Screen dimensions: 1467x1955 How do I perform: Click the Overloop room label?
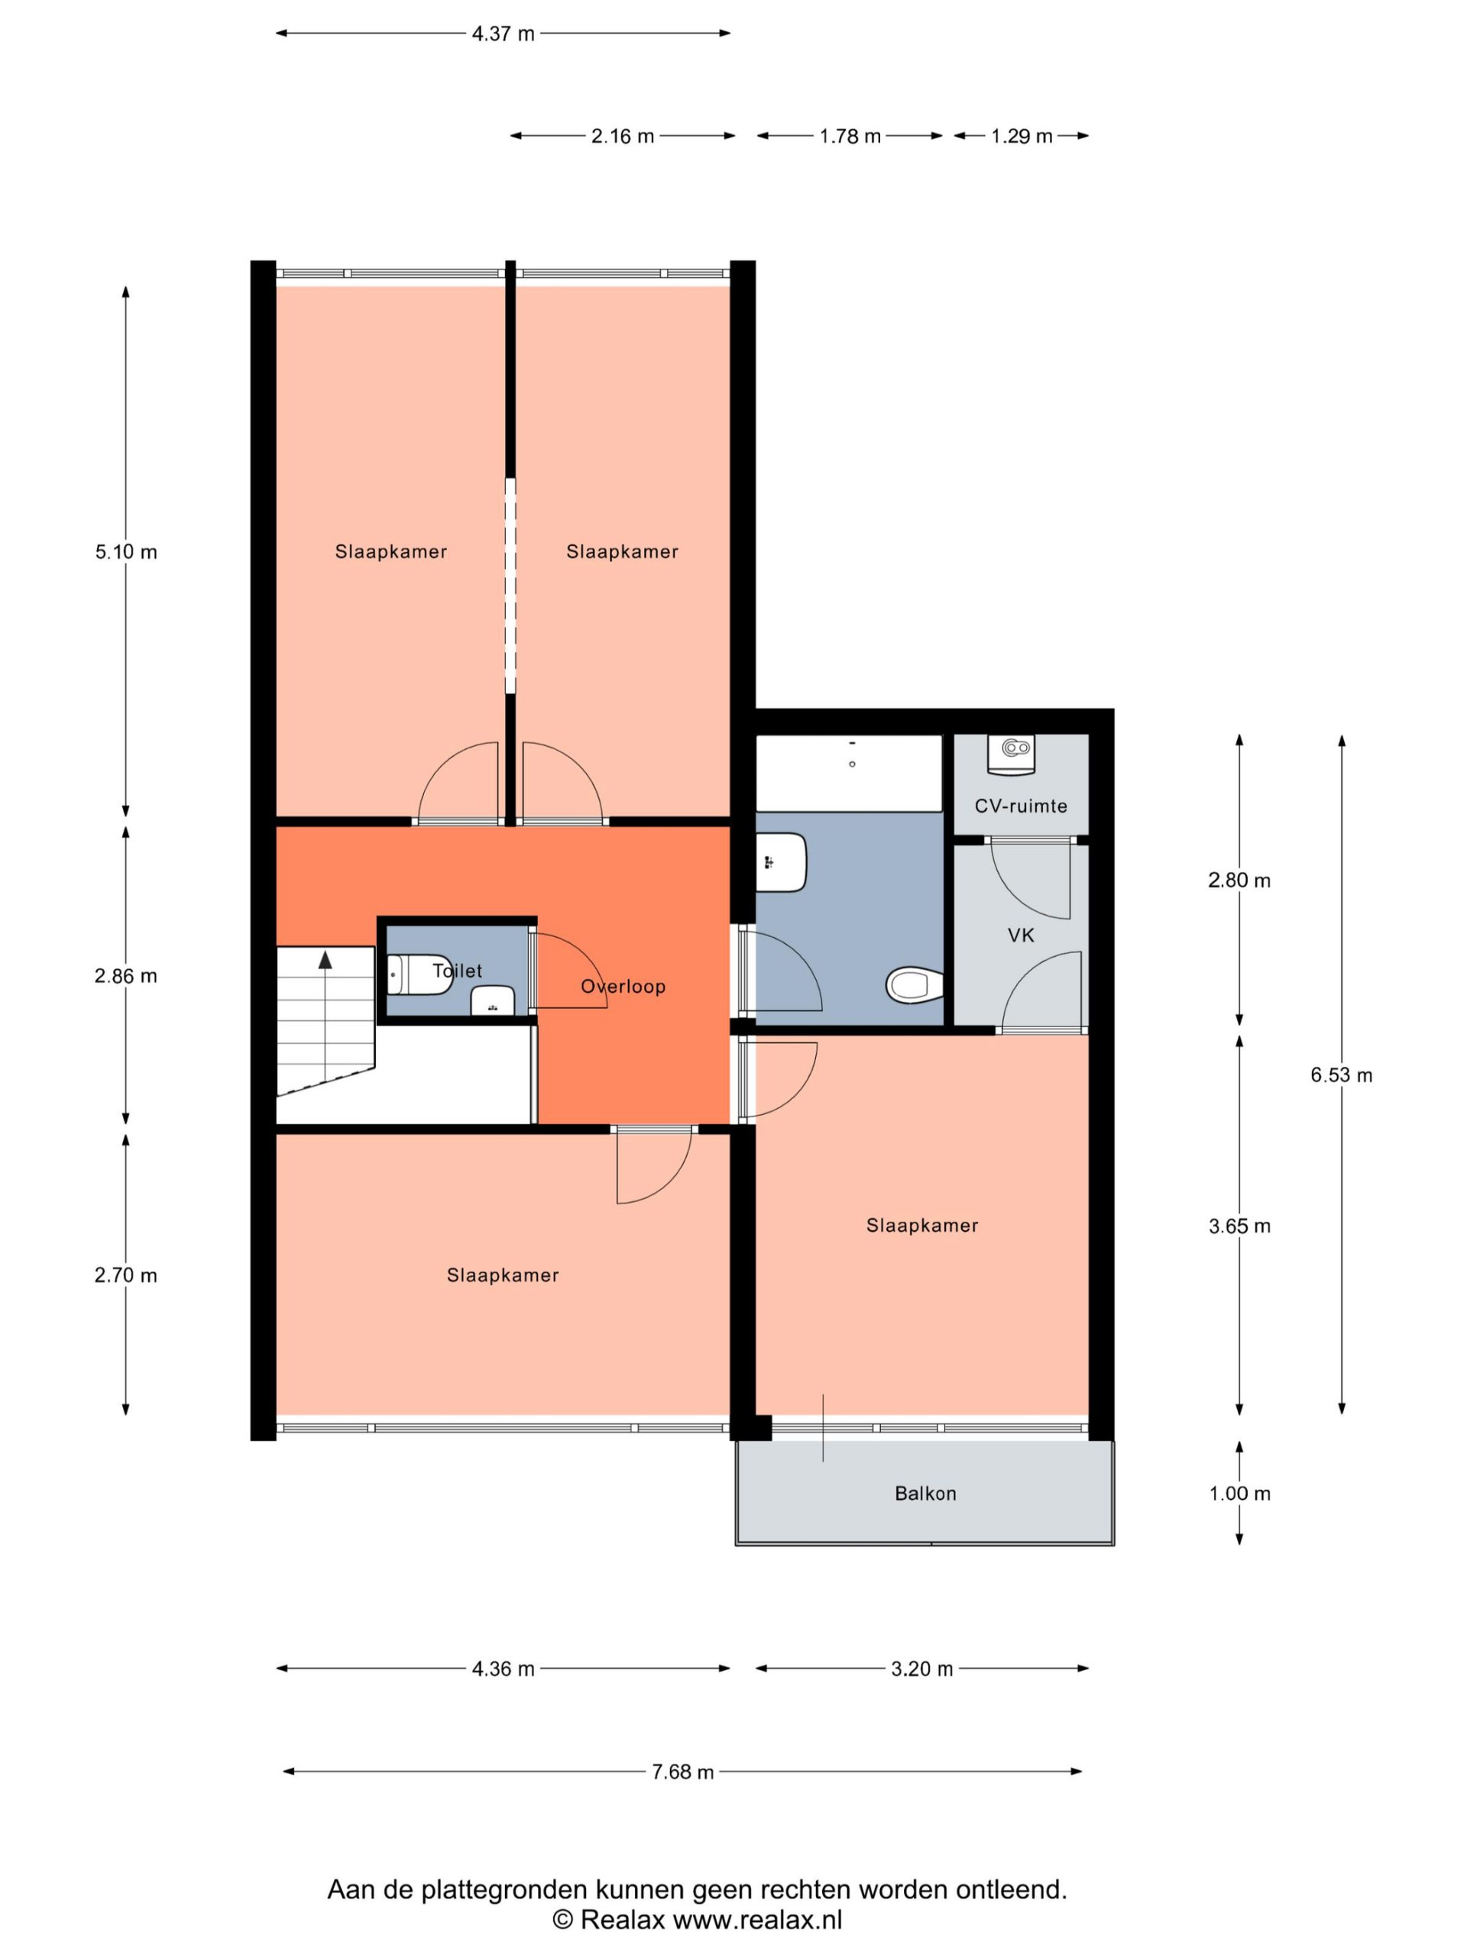coord(623,987)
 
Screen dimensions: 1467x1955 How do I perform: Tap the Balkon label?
coord(925,1493)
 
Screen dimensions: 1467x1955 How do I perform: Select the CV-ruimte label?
coord(1021,806)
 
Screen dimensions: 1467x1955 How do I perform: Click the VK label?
coord(1021,935)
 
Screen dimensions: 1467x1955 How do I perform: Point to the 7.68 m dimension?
coord(682,1772)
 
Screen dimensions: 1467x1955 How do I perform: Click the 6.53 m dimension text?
coord(1341,1074)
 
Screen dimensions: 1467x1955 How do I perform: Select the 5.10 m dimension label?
coord(126,552)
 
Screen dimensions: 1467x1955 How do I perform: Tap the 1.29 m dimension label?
coord(1022,136)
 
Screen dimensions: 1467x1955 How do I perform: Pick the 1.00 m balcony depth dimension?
coord(1240,1494)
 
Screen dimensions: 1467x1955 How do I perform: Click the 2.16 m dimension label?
coord(623,136)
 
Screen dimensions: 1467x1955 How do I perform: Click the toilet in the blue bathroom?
coord(915,984)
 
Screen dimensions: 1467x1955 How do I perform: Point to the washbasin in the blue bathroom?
coord(781,863)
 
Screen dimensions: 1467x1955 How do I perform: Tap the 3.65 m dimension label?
coord(1240,1226)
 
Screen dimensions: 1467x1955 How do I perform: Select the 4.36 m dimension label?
coord(504,1669)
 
